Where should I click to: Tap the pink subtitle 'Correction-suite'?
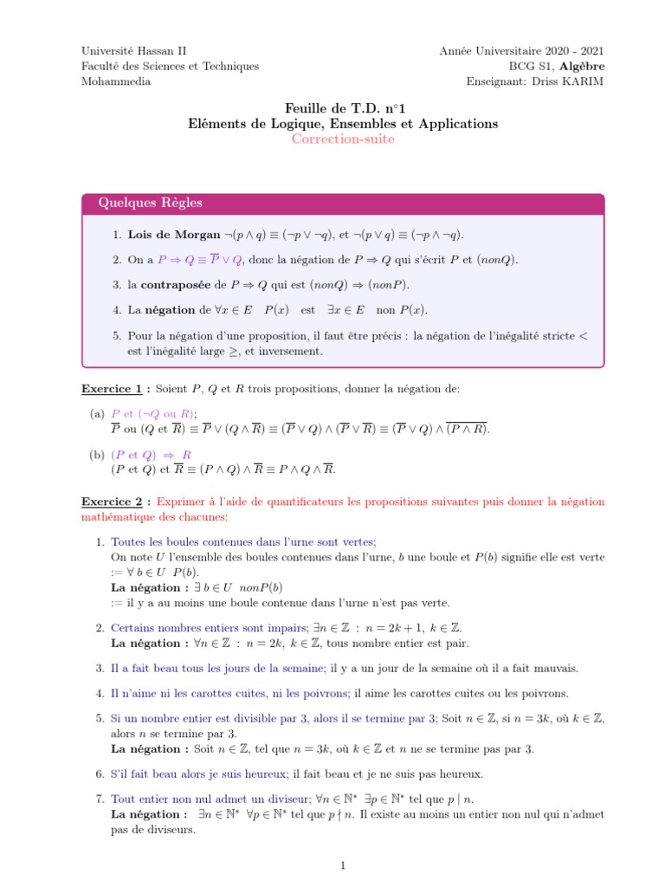pyautogui.click(x=343, y=139)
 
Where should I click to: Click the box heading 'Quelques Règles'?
pyautogui.click(x=151, y=204)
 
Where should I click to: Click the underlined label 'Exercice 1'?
pyautogui.click(x=113, y=390)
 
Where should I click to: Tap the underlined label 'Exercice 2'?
pyautogui.click(x=113, y=502)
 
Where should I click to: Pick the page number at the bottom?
pyautogui.click(x=343, y=864)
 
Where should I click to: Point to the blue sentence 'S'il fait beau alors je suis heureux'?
pyautogui.click(x=201, y=774)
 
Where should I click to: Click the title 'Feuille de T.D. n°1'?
pyautogui.click(x=343, y=107)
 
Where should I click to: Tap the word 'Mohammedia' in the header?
pyautogui.click(x=116, y=81)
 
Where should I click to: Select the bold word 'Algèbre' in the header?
pyautogui.click(x=582, y=67)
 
